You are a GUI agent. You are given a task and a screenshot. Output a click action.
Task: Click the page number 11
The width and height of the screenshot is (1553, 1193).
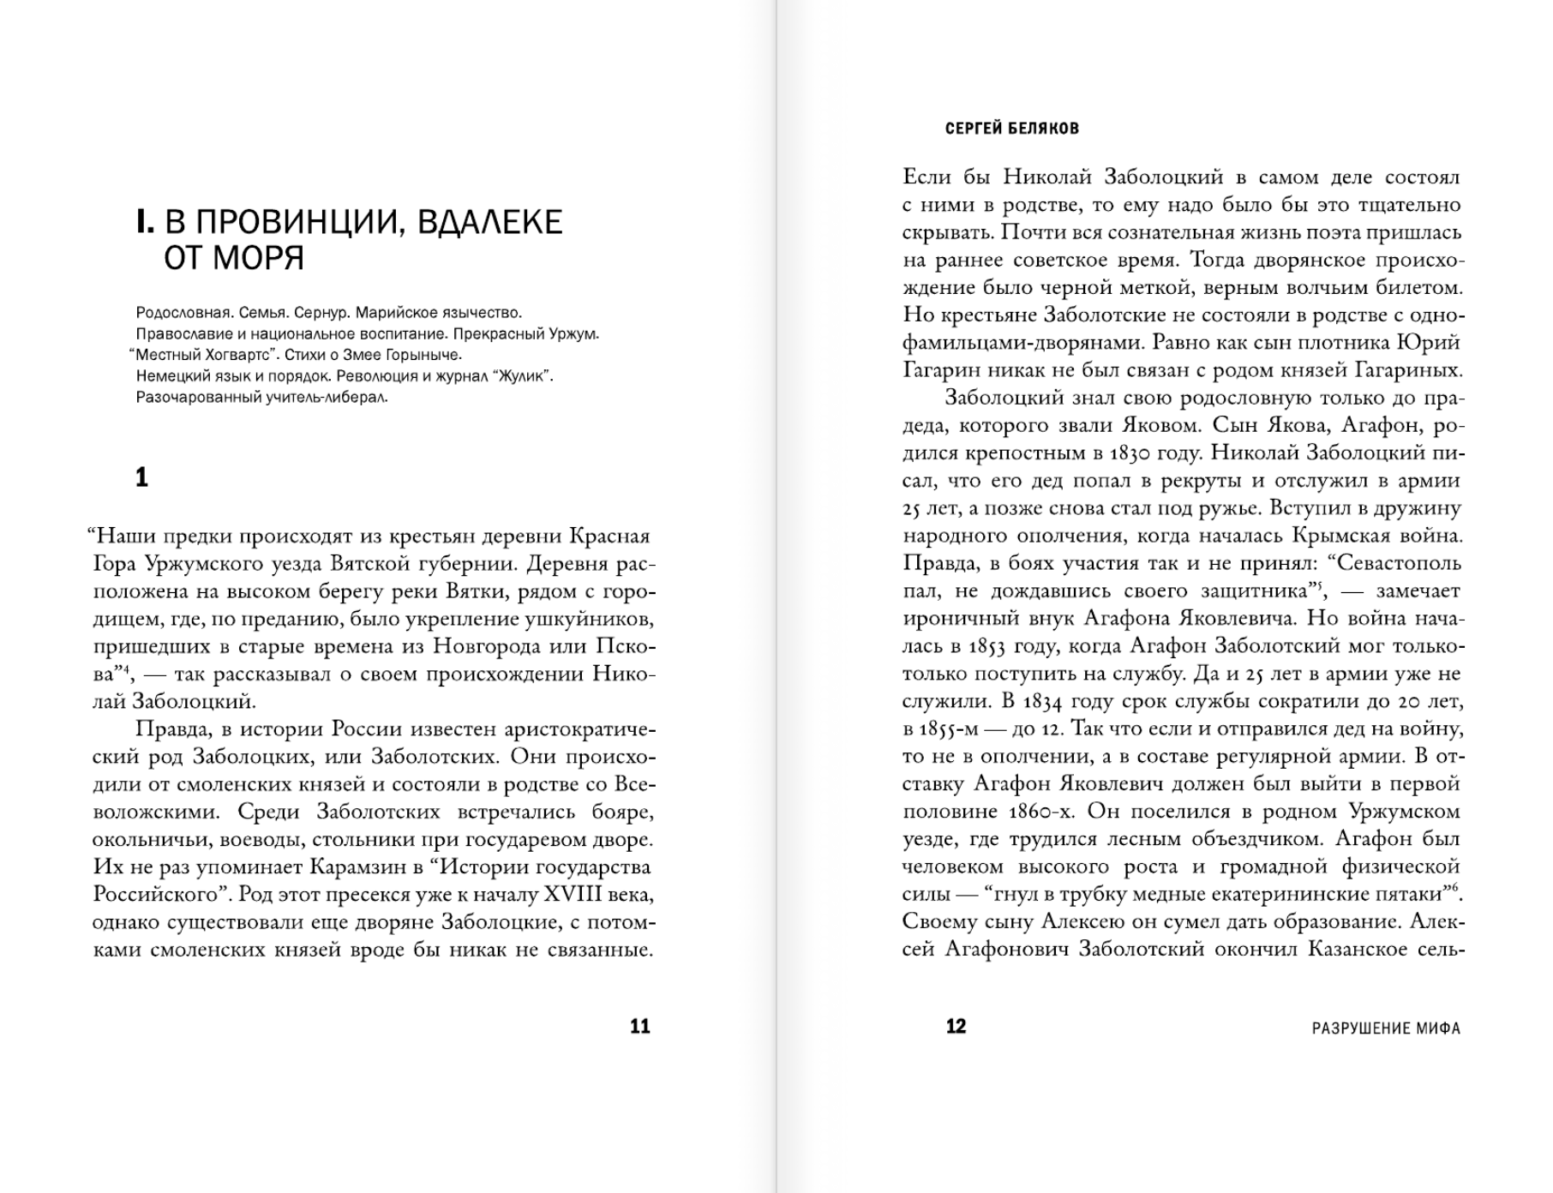pyautogui.click(x=640, y=1026)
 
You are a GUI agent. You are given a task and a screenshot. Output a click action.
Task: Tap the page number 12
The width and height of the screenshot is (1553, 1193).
pyautogui.click(x=956, y=1026)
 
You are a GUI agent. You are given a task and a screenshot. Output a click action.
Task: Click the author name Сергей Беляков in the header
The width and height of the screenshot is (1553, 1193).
pyautogui.click(x=1011, y=129)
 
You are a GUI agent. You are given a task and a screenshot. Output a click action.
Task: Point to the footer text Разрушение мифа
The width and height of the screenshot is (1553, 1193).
pyautogui.click(x=1386, y=1028)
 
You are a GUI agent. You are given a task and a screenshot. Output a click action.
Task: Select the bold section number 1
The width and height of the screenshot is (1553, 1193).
pyautogui.click(x=142, y=477)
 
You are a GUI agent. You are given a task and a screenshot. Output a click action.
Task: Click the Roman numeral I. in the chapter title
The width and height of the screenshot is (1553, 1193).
pyautogui.click(x=145, y=222)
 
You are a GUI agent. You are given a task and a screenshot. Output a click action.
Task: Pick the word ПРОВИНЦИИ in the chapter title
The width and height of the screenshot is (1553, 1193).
pyautogui.click(x=288, y=222)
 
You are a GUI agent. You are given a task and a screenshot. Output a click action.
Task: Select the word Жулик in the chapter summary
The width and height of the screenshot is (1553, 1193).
pyautogui.click(x=520, y=376)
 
